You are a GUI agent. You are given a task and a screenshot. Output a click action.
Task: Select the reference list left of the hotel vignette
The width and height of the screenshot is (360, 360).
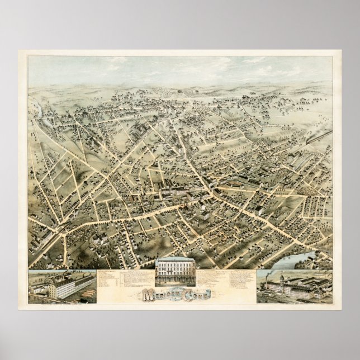tap(126, 280)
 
